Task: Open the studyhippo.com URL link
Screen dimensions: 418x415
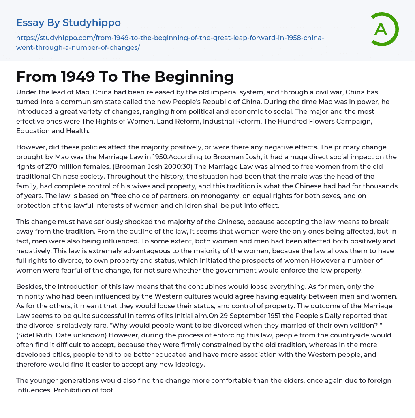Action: [170, 43]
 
